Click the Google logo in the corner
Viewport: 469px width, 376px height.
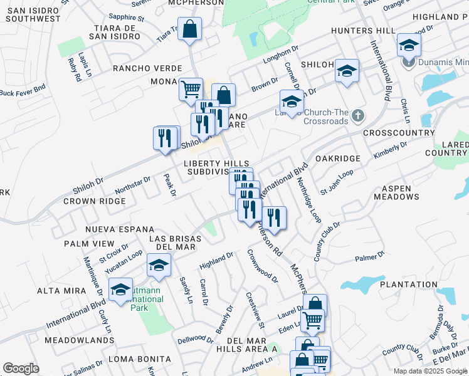coord(21,368)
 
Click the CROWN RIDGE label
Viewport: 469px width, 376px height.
coord(95,202)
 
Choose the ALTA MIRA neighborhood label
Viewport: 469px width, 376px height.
coord(57,291)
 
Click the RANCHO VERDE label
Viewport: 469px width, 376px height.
coord(147,68)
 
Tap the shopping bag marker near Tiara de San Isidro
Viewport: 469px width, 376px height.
coord(189,29)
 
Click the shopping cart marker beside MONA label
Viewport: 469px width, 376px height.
coord(191,88)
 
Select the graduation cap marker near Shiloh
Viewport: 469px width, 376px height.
coord(345,71)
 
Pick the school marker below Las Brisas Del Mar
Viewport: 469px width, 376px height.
coord(159,266)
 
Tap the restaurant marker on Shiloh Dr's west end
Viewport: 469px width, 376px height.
coord(167,138)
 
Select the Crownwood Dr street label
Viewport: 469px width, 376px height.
coord(262,266)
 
